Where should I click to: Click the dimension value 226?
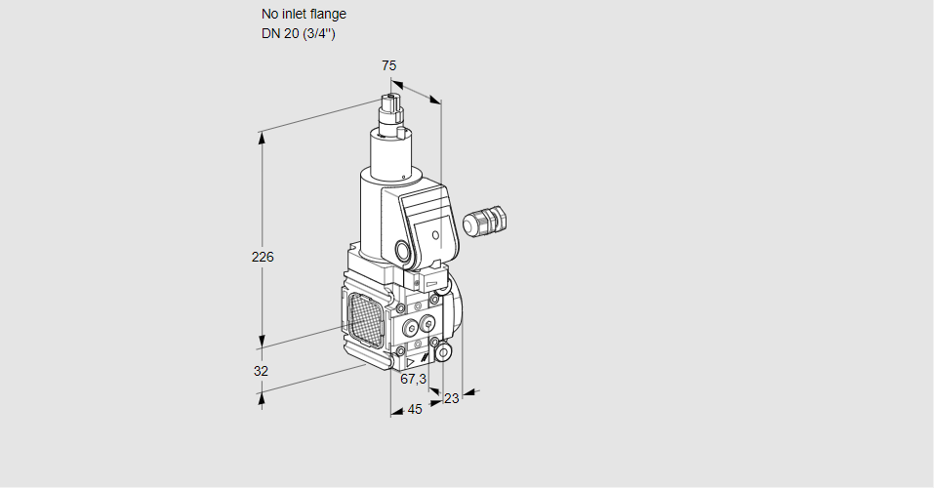[263, 258]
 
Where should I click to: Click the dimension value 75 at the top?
[388, 65]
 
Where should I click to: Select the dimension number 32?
[261, 371]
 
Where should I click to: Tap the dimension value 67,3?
[414, 379]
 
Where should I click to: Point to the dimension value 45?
[415, 410]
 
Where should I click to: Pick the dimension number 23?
[451, 398]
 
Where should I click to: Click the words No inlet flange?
[304, 15]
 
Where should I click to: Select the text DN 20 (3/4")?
[299, 34]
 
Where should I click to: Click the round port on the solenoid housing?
[403, 250]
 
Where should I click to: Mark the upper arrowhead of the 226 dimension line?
[262, 137]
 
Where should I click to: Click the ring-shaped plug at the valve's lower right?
[443, 351]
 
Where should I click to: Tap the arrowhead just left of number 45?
[396, 412]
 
